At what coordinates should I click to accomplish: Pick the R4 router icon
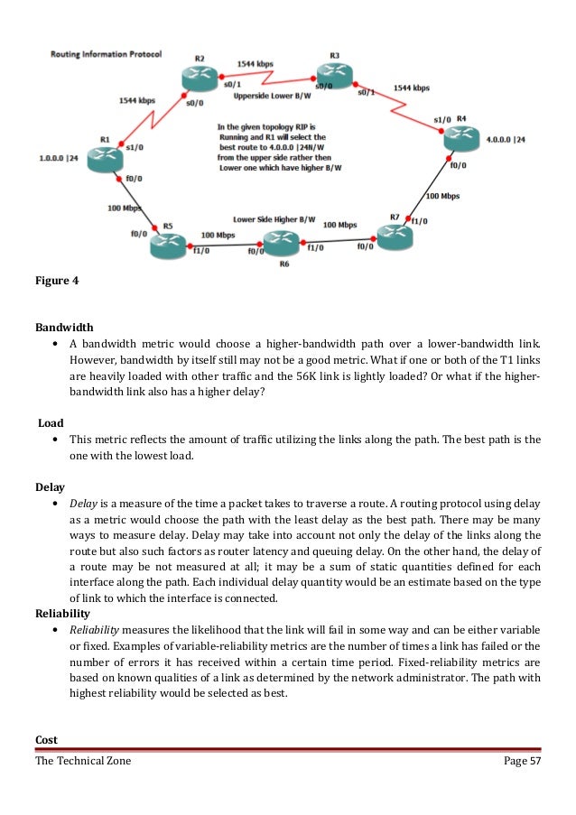click(x=461, y=138)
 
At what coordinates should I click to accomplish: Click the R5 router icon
click(x=168, y=241)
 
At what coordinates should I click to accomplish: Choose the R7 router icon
click(x=394, y=236)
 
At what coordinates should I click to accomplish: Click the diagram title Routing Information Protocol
click(x=106, y=54)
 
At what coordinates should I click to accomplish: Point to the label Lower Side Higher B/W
click(x=274, y=219)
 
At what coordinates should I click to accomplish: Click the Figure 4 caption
click(x=57, y=281)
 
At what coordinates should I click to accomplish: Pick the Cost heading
click(x=46, y=739)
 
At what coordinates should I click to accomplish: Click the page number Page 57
click(x=521, y=762)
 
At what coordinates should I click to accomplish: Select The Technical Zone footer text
click(x=83, y=762)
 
